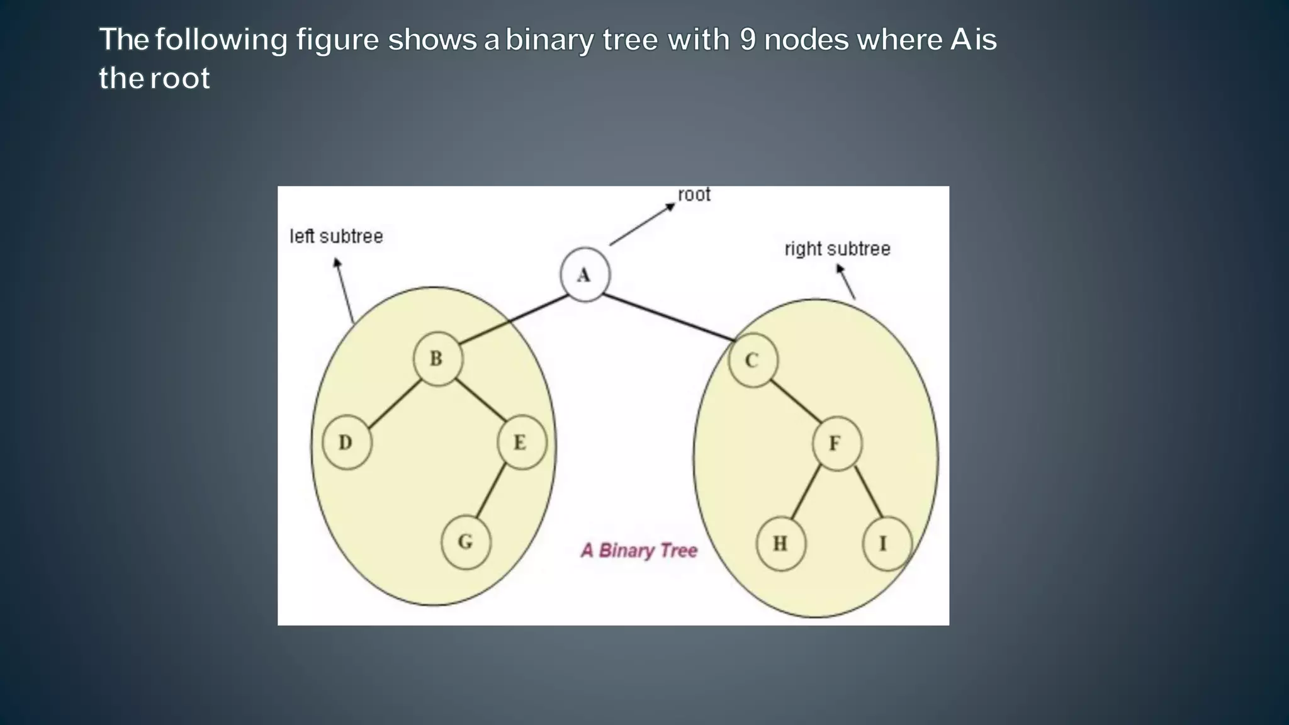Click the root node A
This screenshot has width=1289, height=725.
pyautogui.click(x=585, y=275)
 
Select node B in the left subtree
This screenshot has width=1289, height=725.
pyautogui.click(x=437, y=359)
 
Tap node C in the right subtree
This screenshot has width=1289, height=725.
pyautogui.click(x=753, y=361)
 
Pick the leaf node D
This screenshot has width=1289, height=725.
pyautogui.click(x=346, y=442)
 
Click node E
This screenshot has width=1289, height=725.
pyautogui.click(x=521, y=442)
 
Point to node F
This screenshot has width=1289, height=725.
pyautogui.click(x=836, y=444)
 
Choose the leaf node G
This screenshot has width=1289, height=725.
pyautogui.click(x=466, y=542)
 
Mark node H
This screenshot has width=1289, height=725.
pyautogui.click(x=780, y=543)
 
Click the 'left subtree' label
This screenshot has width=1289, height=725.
pyautogui.click(x=336, y=237)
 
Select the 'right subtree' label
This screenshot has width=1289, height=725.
pyautogui.click(x=837, y=249)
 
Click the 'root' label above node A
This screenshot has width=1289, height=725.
pyautogui.click(x=694, y=195)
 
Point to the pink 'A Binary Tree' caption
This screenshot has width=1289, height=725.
pyautogui.click(x=639, y=551)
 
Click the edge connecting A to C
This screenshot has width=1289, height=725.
pyautogui.click(x=668, y=318)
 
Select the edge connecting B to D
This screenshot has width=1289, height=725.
pyautogui.click(x=394, y=404)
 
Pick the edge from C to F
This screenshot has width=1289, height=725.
pyautogui.click(x=796, y=401)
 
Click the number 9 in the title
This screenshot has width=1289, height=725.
pyautogui.click(x=747, y=40)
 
